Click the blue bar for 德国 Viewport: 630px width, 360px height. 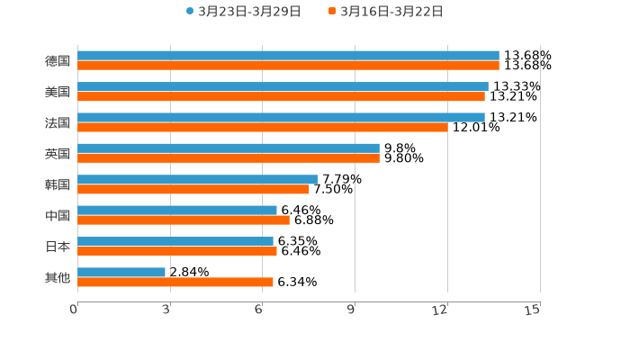click(x=288, y=56)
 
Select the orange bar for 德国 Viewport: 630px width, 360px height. click(x=288, y=66)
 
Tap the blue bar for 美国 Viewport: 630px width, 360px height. click(x=283, y=86)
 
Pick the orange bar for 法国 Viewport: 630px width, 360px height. click(x=263, y=127)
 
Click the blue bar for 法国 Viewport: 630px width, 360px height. click(x=281, y=117)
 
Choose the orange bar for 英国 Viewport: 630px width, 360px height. click(x=229, y=158)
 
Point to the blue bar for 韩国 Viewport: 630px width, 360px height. click(x=197, y=179)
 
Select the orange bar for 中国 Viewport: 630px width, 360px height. click(x=184, y=220)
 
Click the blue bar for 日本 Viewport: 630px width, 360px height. click(x=175, y=241)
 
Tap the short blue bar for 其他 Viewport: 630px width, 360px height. click(x=121, y=272)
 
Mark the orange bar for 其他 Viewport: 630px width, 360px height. click(x=175, y=282)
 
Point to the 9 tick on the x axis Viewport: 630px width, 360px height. click(x=354, y=310)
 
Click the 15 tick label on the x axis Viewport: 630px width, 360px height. click(x=532, y=310)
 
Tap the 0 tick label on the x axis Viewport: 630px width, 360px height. click(x=74, y=310)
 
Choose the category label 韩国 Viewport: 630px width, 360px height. click(x=58, y=184)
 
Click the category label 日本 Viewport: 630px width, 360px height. click(x=58, y=247)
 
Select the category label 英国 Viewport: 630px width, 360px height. click(x=58, y=154)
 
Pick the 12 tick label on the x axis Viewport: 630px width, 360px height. click(x=440, y=310)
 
